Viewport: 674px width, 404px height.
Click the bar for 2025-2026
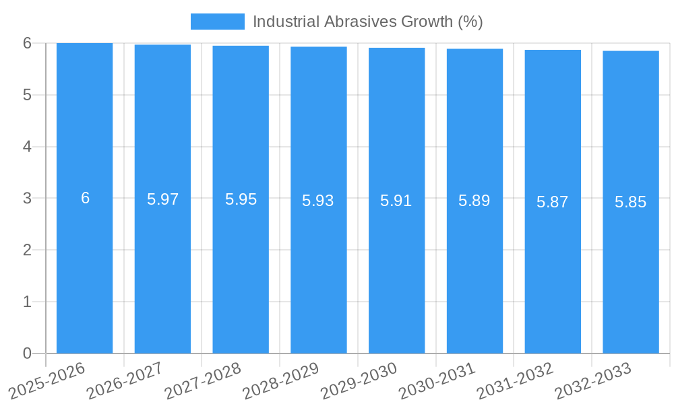click(x=84, y=269)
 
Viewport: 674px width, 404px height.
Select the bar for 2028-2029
click(x=319, y=269)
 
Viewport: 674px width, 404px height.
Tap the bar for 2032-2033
click(x=631, y=269)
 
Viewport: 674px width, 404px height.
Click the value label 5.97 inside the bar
click(x=162, y=199)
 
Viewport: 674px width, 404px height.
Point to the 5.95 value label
click(x=241, y=199)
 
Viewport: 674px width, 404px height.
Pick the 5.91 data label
click(x=396, y=201)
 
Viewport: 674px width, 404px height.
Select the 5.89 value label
click(x=474, y=201)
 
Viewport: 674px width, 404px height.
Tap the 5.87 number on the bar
click(x=553, y=202)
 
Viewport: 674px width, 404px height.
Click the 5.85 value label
click(x=631, y=202)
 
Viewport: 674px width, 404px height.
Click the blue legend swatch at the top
click(x=217, y=22)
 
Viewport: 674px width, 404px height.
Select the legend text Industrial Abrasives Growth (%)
click(x=368, y=22)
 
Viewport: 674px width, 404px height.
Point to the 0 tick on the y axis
click(x=28, y=353)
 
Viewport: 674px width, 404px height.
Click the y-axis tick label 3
click(x=28, y=199)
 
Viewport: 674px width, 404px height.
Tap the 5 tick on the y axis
click(x=28, y=95)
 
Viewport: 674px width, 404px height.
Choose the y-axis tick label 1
click(x=28, y=302)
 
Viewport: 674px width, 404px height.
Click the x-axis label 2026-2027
click(x=125, y=380)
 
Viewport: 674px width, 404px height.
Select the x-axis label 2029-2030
click(x=359, y=380)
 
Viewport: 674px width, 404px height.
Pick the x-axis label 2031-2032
click(x=516, y=380)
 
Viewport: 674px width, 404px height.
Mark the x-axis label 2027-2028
click(x=204, y=380)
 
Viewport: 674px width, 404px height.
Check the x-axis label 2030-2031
click(x=437, y=380)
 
